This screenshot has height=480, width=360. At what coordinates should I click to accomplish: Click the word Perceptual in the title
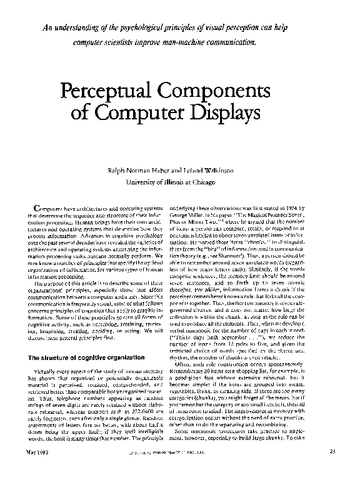[101, 91]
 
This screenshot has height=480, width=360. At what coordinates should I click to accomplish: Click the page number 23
[332, 469]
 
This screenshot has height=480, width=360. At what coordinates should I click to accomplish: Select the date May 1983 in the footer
[38, 469]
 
